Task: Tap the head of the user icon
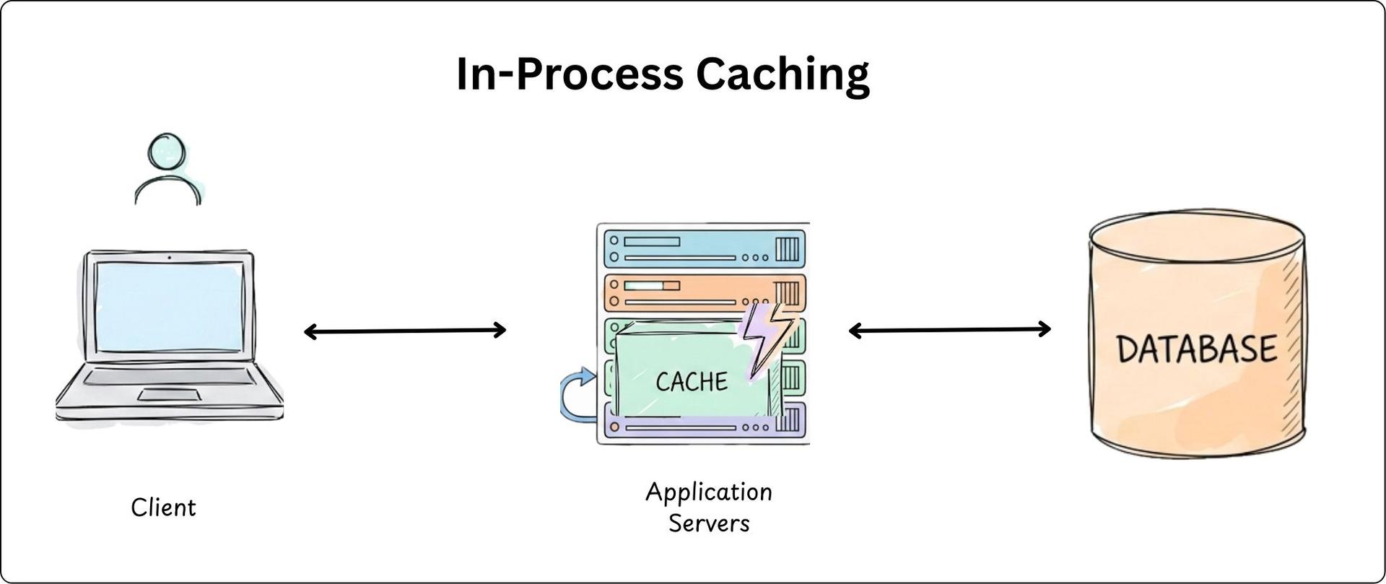click(x=167, y=153)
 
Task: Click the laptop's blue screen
click(x=169, y=307)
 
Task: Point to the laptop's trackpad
click(x=170, y=394)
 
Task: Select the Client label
click(x=163, y=507)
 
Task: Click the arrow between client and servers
click(x=405, y=331)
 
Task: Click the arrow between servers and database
click(x=949, y=331)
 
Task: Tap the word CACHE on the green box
click(x=692, y=381)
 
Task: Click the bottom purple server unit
click(x=693, y=427)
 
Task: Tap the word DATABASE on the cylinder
click(x=1196, y=349)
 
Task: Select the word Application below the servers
click(x=708, y=492)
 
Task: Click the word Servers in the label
click(x=708, y=523)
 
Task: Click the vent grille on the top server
click(x=787, y=249)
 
